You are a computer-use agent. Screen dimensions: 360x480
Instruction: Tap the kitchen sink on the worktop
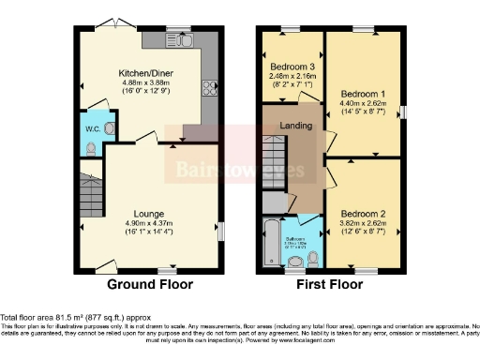coord(181,41)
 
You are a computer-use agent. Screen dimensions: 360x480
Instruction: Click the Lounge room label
coord(149,213)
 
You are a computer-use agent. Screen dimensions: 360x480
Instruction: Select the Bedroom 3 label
coord(291,66)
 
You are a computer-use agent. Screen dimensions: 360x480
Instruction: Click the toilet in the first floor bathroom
coord(314,256)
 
